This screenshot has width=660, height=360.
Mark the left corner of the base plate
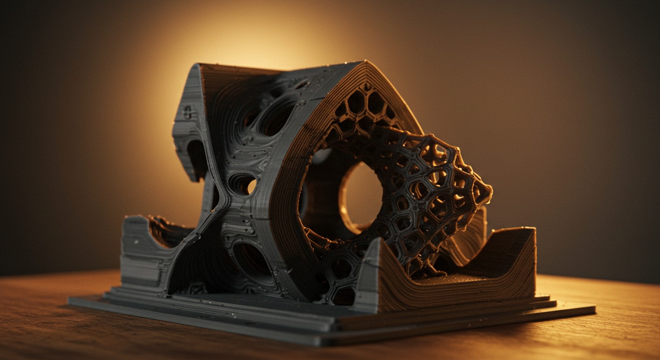coord(70,300)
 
